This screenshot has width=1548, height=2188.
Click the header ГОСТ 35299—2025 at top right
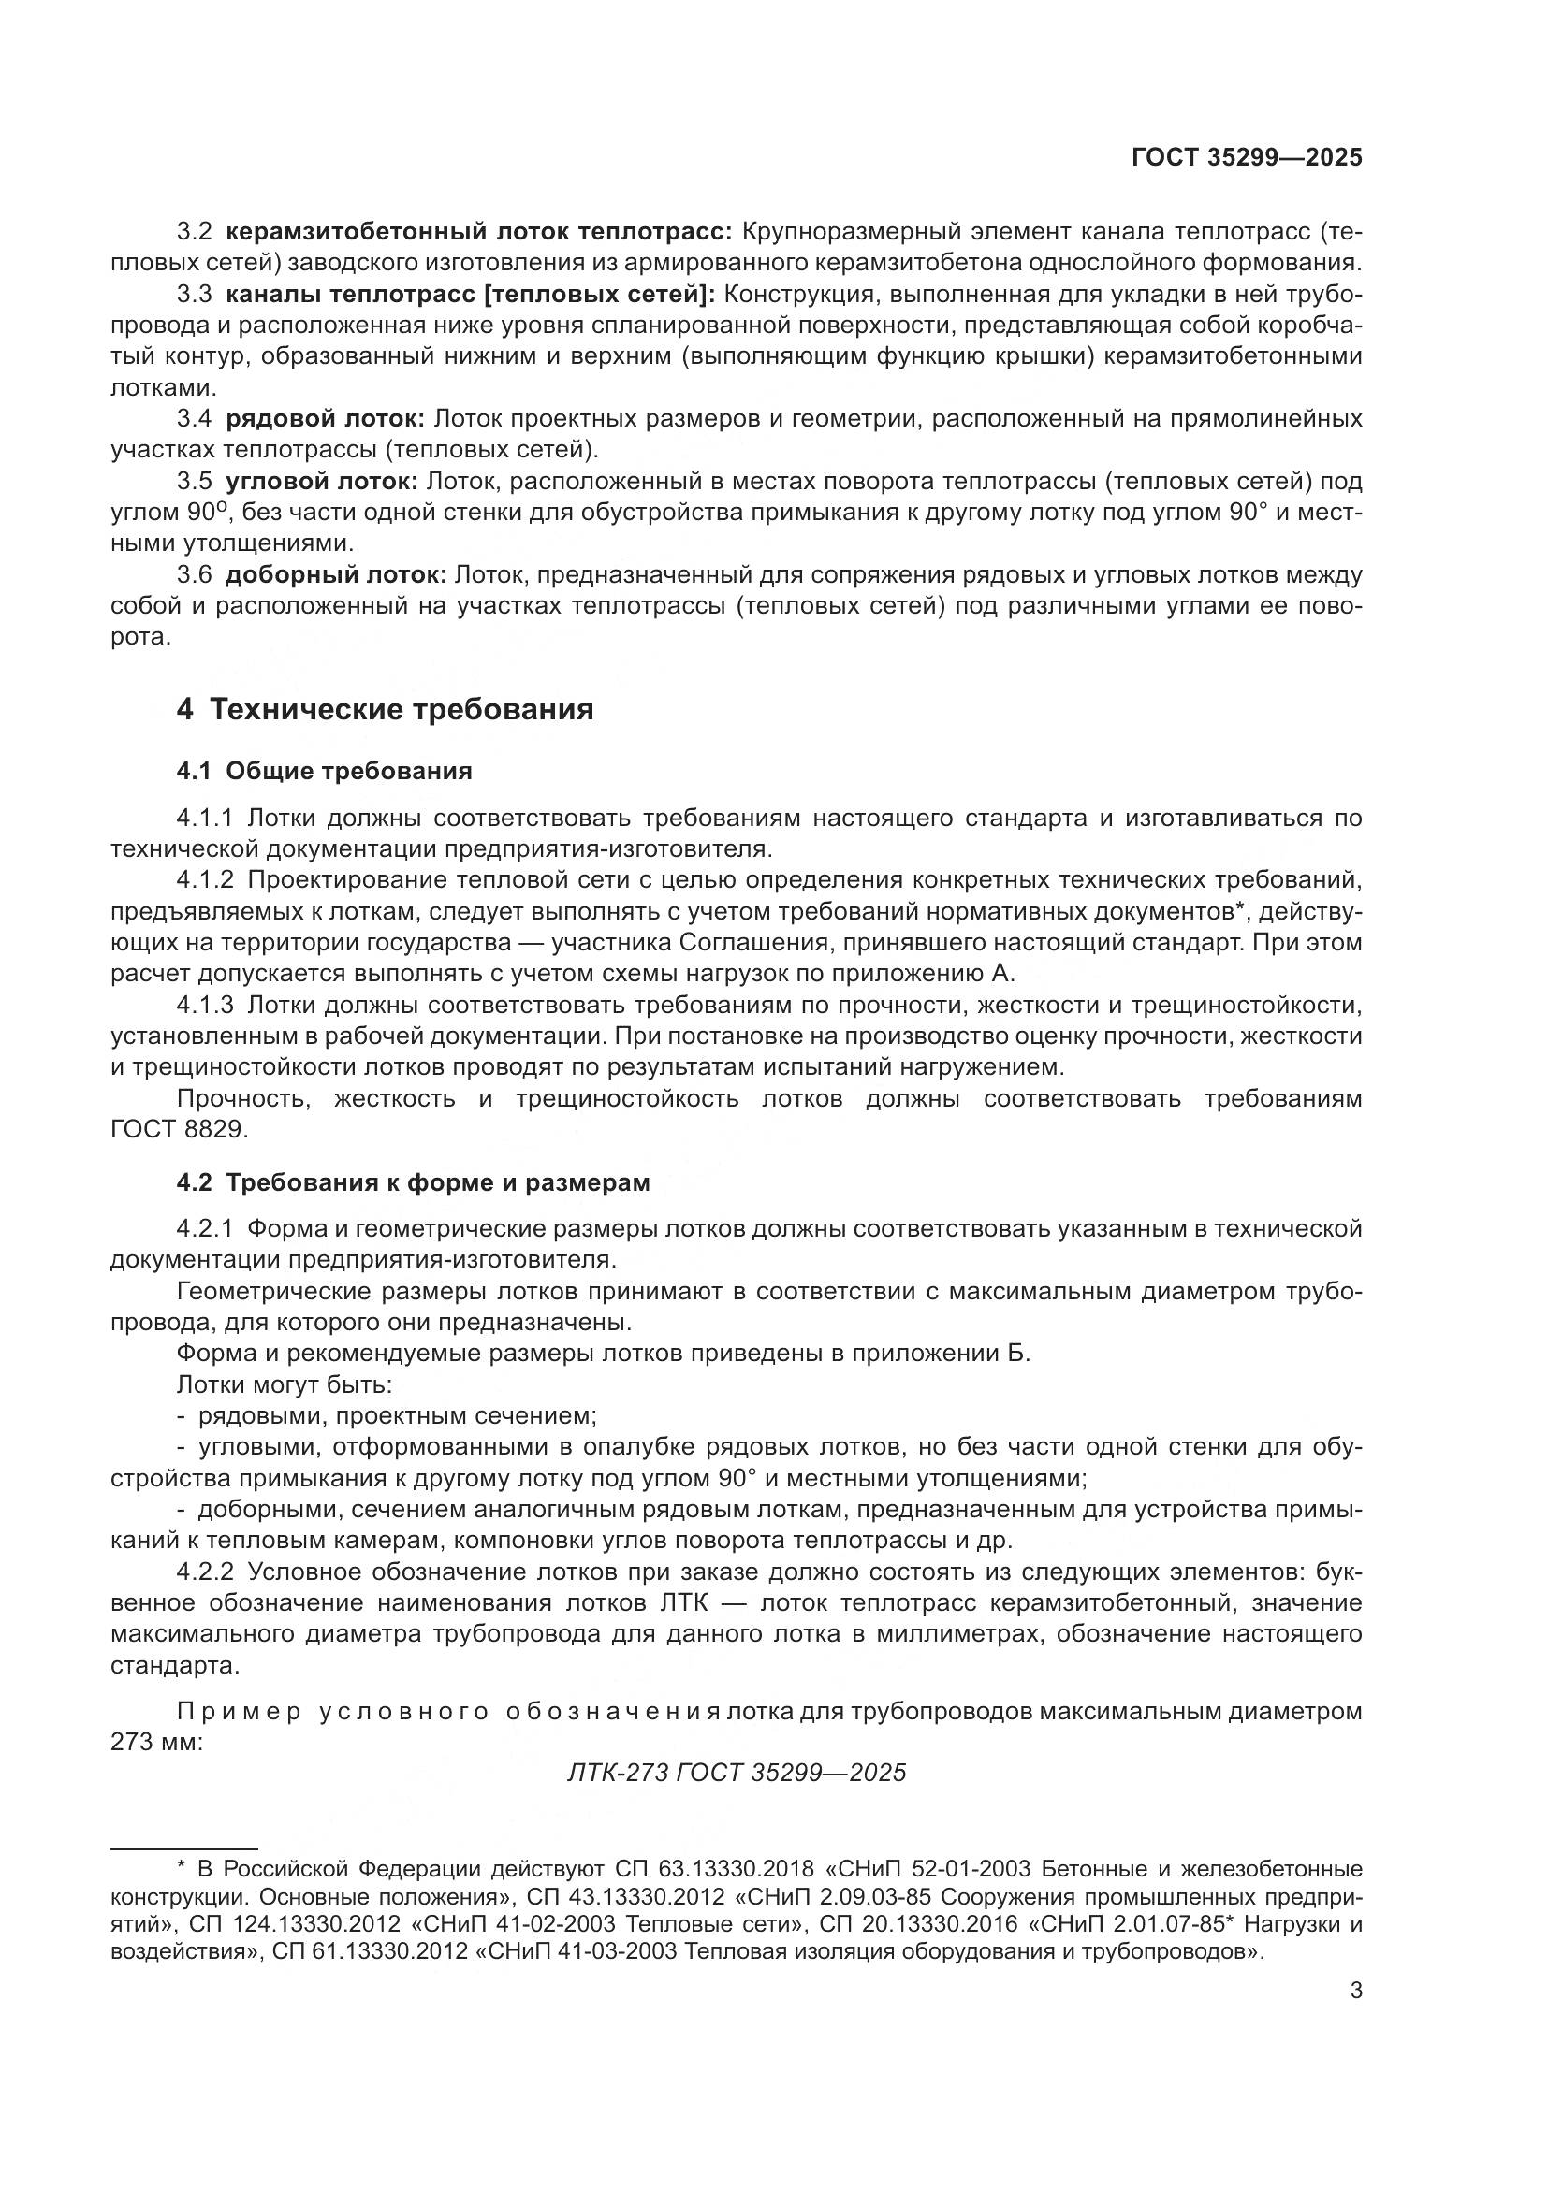(1247, 158)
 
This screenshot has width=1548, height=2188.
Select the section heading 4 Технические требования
(384, 709)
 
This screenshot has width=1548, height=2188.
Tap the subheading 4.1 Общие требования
(324, 770)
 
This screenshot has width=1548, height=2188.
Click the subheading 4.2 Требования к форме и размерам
(413, 1182)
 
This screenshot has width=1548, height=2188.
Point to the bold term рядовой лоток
(325, 418)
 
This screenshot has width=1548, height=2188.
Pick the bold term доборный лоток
(336, 574)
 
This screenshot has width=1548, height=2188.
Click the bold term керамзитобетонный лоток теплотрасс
(479, 232)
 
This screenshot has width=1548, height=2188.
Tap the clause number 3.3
(195, 295)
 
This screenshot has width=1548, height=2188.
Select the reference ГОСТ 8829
(179, 1129)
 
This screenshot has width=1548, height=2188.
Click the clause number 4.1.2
(205, 879)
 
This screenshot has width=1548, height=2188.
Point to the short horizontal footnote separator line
(184, 1847)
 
